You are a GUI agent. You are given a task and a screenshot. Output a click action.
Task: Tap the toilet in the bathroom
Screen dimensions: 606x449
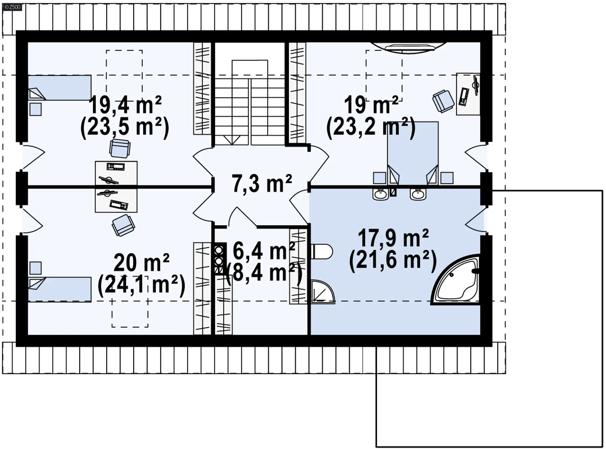point(322,252)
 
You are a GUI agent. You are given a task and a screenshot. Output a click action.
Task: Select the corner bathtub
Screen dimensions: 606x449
point(456,279)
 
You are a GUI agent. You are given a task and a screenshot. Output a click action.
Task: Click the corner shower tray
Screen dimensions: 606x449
point(323,292)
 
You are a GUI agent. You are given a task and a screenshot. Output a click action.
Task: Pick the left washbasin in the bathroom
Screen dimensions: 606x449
point(381,194)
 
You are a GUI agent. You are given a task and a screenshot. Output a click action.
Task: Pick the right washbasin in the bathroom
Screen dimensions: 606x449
point(418,194)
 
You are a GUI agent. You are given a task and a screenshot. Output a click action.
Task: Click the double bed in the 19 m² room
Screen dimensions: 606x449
point(413,153)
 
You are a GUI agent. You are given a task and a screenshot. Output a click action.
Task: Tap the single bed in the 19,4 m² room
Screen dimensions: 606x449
point(60,88)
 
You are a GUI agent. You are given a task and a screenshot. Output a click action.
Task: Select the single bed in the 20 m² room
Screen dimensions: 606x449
point(60,289)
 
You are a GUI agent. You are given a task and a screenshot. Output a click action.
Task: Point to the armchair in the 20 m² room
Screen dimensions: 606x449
point(123,225)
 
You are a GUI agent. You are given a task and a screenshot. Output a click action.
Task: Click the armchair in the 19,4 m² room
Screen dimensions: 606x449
point(120,149)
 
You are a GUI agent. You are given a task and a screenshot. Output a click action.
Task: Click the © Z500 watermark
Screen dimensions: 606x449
point(12,7)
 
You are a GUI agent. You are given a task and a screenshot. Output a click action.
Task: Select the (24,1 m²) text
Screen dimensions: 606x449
point(141,285)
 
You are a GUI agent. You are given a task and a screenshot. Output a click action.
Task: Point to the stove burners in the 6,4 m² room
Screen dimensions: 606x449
point(219,258)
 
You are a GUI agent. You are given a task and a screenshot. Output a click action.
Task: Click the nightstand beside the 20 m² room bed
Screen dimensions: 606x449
point(36,268)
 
